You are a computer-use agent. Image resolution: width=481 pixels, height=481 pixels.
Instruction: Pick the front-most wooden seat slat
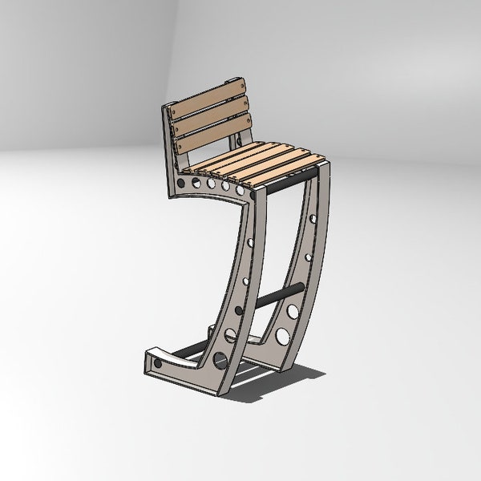(280, 172)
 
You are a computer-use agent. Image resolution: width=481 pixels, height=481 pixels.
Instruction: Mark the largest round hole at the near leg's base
(221, 360)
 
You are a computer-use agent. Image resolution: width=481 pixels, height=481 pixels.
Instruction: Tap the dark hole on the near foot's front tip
(157, 364)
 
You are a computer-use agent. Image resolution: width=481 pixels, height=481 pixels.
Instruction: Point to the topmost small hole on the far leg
(313, 217)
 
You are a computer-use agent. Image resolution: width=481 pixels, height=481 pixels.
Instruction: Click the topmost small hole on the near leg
(251, 242)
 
